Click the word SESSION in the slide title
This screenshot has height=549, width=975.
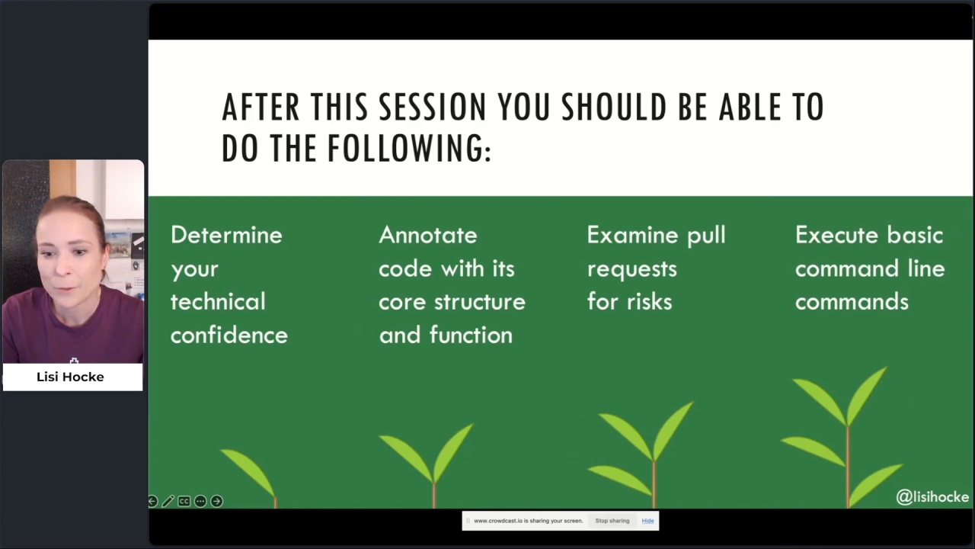pyautogui.click(x=432, y=107)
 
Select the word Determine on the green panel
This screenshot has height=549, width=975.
pyautogui.click(x=226, y=235)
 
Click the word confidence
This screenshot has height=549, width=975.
pyautogui.click(x=229, y=335)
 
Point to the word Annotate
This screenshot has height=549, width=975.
pyautogui.click(x=428, y=235)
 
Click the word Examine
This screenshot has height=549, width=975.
pyautogui.click(x=632, y=235)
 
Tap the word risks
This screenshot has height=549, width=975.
pyautogui.click(x=650, y=301)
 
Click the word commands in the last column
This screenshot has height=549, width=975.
pyautogui.click(x=852, y=301)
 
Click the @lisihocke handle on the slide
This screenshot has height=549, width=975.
pyautogui.click(x=932, y=496)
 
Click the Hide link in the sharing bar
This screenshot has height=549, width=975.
pyautogui.click(x=647, y=521)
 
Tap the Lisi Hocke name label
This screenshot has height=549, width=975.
pyautogui.click(x=70, y=377)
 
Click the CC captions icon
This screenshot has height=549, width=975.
pyautogui.click(x=184, y=502)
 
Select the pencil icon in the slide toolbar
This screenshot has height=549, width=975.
pyautogui.click(x=168, y=502)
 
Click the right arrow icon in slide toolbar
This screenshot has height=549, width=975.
pyautogui.click(x=217, y=502)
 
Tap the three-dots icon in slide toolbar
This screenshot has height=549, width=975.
pyautogui.click(x=200, y=502)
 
